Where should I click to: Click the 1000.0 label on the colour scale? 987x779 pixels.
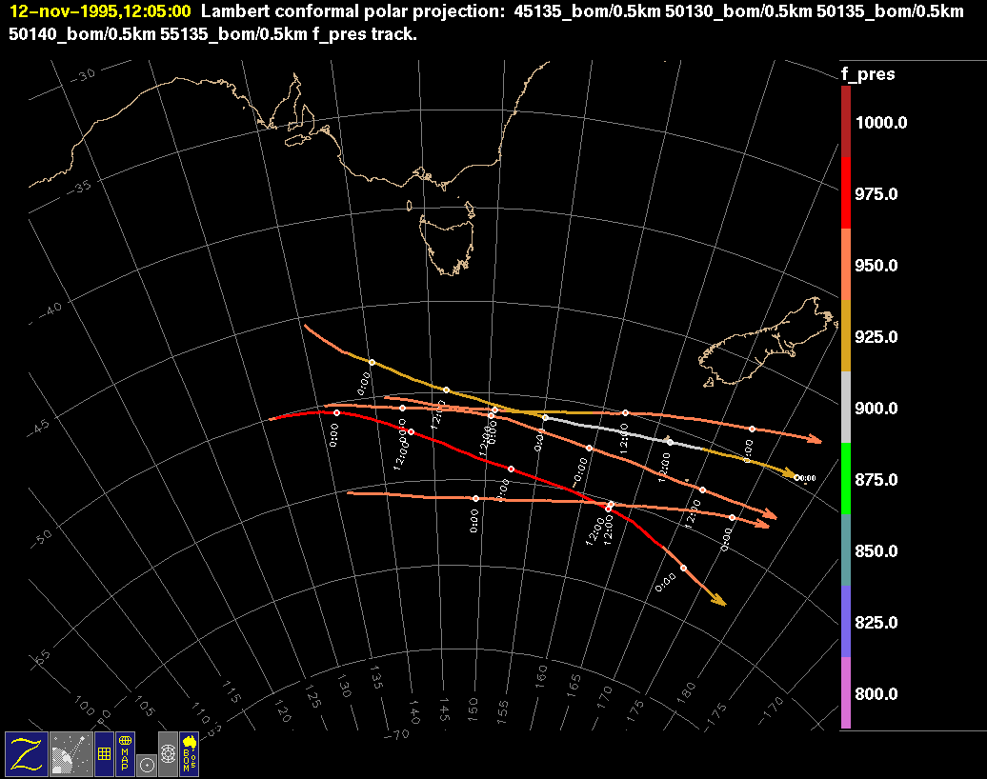coord(880,123)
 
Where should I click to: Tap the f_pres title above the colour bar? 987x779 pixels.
coord(867,73)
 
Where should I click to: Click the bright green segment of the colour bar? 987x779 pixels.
coord(846,479)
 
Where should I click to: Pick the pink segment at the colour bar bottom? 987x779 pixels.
coord(846,693)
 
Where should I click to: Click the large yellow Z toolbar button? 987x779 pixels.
coord(26,753)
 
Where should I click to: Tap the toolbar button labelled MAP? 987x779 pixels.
coord(126,753)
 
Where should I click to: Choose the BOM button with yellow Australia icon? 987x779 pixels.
coord(189,753)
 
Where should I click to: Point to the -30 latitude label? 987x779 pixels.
coord(84,76)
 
